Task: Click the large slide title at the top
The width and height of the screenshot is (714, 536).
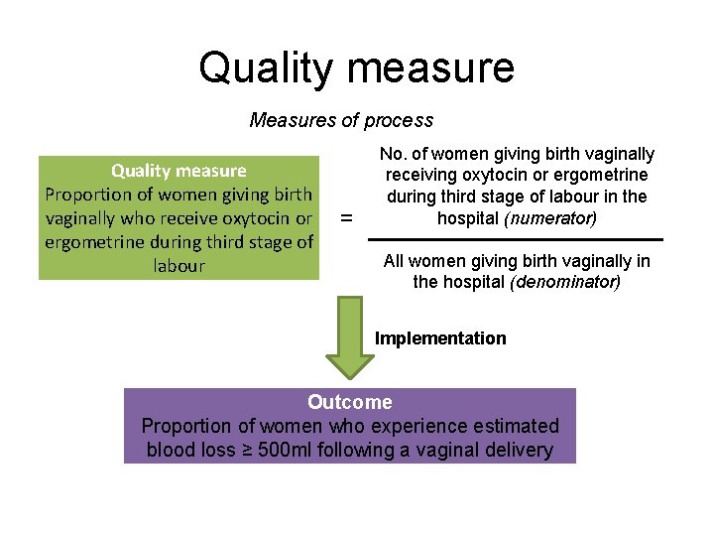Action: click(x=356, y=67)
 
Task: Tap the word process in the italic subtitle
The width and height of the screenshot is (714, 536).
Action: click(x=399, y=120)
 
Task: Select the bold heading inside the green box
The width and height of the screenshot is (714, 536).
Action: click(x=178, y=170)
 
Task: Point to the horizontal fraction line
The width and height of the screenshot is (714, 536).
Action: click(x=515, y=239)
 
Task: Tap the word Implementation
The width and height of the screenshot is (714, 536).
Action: click(x=440, y=337)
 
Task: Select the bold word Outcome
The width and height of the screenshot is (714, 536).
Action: click(x=349, y=402)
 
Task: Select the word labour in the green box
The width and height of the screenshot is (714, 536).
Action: click(x=178, y=265)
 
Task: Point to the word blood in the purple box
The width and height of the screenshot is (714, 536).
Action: click(x=170, y=450)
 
